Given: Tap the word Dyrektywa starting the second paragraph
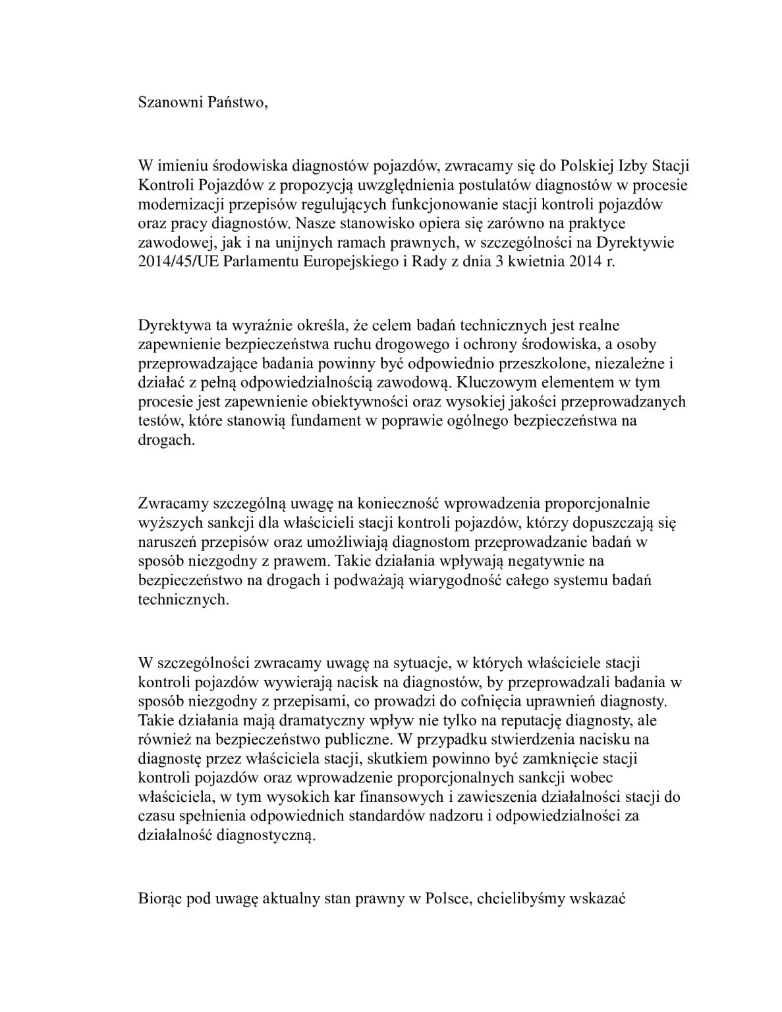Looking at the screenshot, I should coord(172,325).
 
